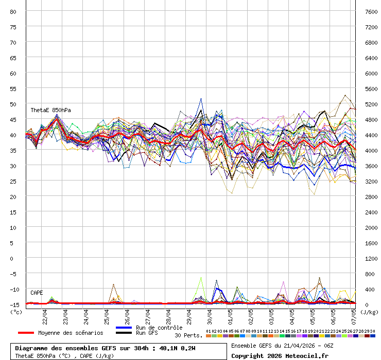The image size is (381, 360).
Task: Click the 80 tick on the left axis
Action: tap(13, 11)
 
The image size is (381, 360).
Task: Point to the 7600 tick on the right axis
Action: tap(371, 11)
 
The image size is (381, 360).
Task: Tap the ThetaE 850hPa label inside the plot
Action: tap(50, 110)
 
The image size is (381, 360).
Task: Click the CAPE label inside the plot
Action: tap(37, 293)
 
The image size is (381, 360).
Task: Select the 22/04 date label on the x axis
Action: tap(45, 314)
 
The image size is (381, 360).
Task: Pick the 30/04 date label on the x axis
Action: tap(210, 314)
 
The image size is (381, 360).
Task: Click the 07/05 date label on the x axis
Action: tap(353, 314)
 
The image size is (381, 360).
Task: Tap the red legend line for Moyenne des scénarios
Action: tap(33, 333)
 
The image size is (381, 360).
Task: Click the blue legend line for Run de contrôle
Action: tap(124, 328)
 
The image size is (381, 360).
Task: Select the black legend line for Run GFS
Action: tap(124, 333)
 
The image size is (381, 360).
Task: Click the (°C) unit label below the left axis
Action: tap(16, 312)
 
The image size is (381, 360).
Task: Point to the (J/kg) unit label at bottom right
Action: tap(369, 312)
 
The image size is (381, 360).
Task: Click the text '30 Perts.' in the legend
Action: tap(188, 335)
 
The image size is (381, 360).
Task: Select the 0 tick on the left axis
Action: tap(14, 258)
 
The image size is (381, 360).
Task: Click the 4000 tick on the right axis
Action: tap(371, 150)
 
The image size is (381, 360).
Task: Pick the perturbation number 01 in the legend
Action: tap(209, 331)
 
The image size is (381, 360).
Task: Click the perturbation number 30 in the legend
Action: tap(372, 331)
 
